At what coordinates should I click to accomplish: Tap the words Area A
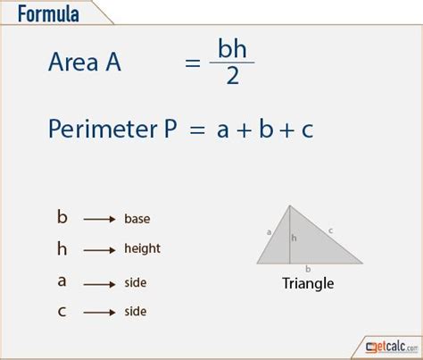point(85,62)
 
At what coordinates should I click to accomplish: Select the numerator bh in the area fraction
point(232,48)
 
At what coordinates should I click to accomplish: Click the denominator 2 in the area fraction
point(233,76)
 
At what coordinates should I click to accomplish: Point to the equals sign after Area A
point(193,63)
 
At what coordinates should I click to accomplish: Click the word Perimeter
point(103,129)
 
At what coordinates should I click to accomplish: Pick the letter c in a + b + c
point(307,130)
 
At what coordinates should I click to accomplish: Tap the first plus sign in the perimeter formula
point(245,130)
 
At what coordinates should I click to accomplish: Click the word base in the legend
point(137,219)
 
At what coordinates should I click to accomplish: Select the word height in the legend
point(142,249)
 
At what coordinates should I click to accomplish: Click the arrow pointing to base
point(99,220)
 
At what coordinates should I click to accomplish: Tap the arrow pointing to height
point(99,250)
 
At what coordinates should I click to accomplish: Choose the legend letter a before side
point(62,281)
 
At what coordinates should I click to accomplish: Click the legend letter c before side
point(62,312)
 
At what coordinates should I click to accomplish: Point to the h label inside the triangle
point(294,238)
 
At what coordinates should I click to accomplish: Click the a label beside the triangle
point(269,231)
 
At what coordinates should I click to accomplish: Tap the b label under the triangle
point(308,269)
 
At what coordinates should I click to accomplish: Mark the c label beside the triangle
point(330,230)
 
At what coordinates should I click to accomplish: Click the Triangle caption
point(308,283)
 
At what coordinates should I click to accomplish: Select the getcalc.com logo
point(392,347)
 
